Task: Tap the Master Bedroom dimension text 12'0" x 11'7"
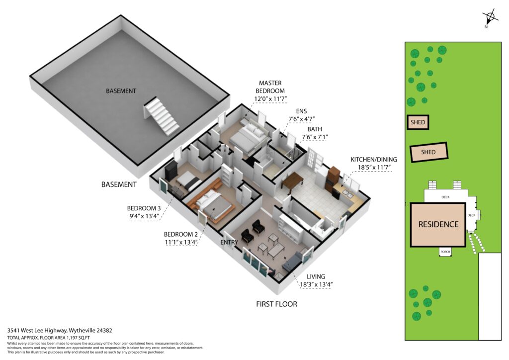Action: [270, 98]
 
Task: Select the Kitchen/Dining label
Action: [374, 160]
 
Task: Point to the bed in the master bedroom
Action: [249, 138]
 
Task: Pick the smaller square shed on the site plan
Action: [418, 122]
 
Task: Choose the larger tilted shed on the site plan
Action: [428, 152]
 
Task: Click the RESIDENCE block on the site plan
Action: [438, 224]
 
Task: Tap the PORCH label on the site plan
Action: [445, 252]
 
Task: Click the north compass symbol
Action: [490, 17]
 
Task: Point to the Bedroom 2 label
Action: [181, 234]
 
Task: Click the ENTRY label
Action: [229, 242]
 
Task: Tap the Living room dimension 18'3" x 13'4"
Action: [316, 285]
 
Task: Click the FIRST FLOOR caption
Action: [276, 304]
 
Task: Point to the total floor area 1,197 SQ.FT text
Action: [73, 338]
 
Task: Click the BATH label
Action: [315, 129]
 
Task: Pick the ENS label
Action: [301, 111]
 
